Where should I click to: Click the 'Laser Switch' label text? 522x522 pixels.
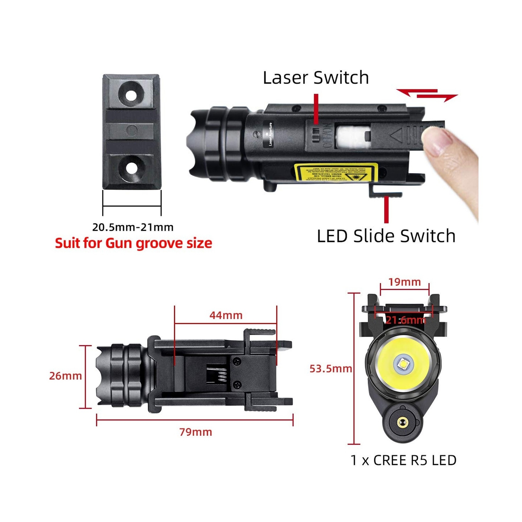pos(316,78)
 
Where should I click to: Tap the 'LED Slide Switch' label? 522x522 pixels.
pos(386,236)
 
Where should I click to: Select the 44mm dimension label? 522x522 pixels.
pos(226,315)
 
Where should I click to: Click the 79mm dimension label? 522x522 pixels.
pos(196,432)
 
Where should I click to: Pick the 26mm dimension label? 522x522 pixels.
pos(65,376)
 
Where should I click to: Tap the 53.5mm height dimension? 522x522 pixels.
pos(330,369)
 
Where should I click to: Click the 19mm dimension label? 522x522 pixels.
pos(405,282)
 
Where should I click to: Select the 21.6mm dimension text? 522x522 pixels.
pos(406,320)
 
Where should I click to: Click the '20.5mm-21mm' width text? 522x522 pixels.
pos(133,227)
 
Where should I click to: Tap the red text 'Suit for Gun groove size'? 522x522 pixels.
pos(133,243)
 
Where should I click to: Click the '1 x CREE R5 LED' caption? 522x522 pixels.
pos(403,460)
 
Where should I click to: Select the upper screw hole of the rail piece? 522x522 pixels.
pos(131,96)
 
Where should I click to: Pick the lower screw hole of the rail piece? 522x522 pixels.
pos(131,168)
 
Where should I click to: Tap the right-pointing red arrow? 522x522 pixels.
pos(437,97)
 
